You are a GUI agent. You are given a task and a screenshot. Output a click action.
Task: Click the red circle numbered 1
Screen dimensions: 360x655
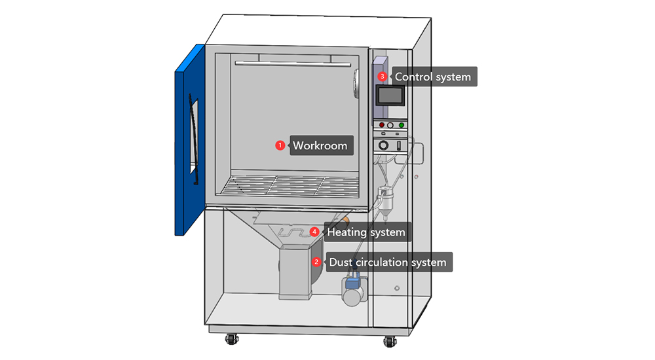280,145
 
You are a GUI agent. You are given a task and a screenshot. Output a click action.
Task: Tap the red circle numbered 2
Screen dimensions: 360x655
317,262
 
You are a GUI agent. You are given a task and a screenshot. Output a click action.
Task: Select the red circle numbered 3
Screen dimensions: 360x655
383,77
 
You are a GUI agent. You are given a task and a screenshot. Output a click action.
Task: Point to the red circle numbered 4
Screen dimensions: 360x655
315,232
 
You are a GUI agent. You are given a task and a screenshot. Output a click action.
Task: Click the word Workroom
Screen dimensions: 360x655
320,145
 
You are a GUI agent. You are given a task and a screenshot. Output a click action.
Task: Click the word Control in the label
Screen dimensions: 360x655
413,77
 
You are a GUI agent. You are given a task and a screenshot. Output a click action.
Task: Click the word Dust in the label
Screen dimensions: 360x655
341,262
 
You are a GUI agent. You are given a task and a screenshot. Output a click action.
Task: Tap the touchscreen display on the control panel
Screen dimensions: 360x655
390,96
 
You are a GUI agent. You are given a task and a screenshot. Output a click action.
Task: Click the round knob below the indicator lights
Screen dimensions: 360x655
384,145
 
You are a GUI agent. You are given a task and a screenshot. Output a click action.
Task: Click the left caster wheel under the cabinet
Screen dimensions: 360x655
231,340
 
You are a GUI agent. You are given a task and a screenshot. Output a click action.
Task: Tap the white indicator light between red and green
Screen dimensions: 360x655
390,125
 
